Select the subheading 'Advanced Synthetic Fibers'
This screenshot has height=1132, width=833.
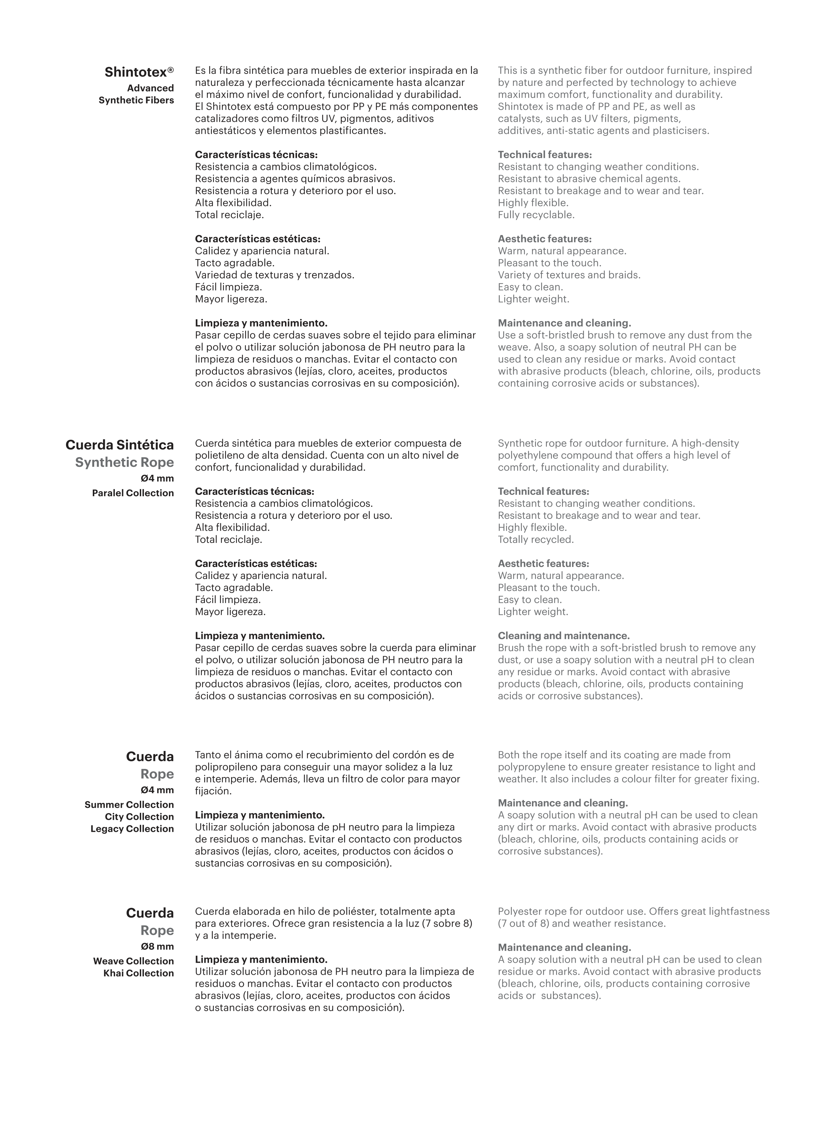click(136, 94)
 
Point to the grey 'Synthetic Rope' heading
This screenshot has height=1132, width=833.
click(124, 462)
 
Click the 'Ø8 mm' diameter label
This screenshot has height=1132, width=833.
click(157, 946)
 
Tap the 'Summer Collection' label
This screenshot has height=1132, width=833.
click(129, 805)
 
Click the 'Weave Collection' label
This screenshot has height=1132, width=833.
click(133, 961)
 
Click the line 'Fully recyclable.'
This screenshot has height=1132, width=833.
click(536, 215)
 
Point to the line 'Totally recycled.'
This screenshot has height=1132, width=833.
click(536, 540)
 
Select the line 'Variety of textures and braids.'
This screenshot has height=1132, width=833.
click(569, 275)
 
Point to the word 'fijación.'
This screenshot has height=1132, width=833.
click(213, 791)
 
